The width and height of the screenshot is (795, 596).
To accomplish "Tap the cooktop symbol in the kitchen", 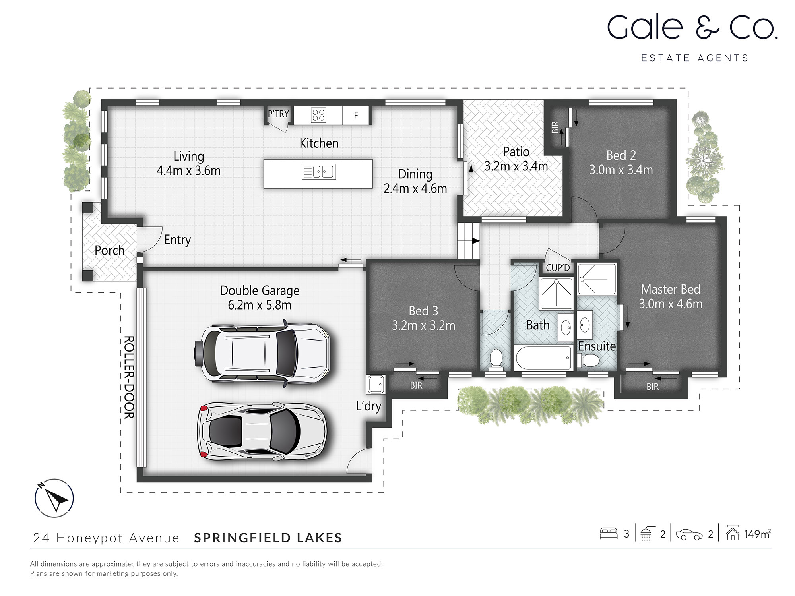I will coord(318,115).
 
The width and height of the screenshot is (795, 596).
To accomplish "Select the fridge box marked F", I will coord(356,115).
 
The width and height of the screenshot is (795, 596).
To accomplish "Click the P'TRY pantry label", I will coord(278,114).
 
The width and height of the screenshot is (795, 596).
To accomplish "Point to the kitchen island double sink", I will coord(319,172).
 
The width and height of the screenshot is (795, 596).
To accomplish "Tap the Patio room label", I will coord(516,152).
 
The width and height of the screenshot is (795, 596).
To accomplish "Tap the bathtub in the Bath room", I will coord(544,358).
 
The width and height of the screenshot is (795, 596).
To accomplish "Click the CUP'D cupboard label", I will coord(558,268).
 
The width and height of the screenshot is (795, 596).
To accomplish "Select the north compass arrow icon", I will coord(54,498).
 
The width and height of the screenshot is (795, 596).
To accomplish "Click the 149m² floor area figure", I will coord(757,534).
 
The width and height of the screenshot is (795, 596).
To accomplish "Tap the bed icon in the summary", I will coord(608,533).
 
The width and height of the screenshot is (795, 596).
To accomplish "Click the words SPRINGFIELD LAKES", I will coord(268,538).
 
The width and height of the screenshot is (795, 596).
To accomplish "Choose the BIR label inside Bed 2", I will coord(555,127).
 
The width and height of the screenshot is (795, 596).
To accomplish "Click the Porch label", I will coord(109,250).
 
